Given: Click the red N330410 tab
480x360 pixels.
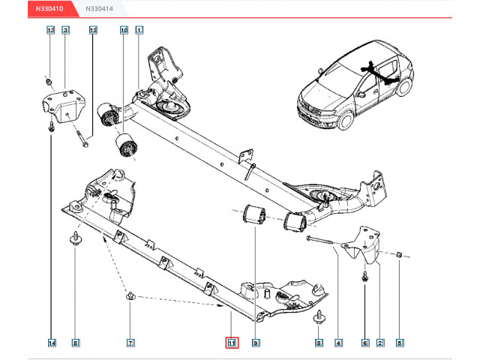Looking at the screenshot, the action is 50,8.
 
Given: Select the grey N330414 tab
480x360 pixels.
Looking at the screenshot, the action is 100,8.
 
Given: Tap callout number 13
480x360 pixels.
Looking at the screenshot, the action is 51,30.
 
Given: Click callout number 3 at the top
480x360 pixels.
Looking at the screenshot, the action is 65,30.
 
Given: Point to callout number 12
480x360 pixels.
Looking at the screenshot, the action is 93,30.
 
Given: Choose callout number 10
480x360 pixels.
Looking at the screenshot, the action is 124,30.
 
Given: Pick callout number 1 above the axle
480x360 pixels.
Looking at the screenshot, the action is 139,30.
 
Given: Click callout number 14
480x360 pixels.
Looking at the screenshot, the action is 52,343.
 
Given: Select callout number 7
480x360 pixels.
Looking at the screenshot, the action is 130,343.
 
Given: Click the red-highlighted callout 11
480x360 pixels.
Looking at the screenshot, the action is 232,343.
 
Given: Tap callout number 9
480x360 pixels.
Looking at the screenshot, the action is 256,343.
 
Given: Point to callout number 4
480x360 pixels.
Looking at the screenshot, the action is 338,343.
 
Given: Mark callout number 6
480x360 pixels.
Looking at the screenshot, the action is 365,343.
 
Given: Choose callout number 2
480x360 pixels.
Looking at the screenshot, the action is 380,343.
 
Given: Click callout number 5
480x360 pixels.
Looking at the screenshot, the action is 399,343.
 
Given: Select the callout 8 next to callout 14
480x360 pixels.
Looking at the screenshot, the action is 75,343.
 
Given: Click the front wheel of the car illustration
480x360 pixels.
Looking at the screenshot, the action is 346,121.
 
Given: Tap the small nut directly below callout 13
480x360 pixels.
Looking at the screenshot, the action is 48,82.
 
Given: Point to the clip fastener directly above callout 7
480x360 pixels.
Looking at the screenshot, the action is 130,296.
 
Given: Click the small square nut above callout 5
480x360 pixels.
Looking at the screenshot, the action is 399,254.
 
